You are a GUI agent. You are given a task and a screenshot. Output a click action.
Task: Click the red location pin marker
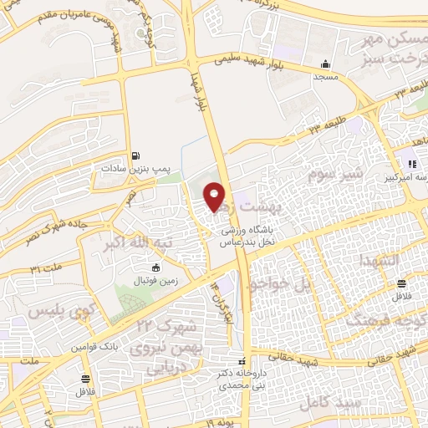point(215,197)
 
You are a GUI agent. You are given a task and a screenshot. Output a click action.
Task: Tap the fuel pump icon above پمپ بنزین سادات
point(136,155)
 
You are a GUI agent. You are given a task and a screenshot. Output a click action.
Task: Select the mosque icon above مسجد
point(325,64)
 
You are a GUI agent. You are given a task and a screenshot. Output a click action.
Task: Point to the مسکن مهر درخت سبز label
point(391,49)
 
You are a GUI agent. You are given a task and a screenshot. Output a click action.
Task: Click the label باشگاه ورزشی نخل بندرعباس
point(248,233)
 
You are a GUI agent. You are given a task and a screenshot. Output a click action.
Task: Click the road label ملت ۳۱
point(47,269)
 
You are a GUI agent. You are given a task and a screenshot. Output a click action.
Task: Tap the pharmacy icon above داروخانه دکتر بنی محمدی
point(242,360)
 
